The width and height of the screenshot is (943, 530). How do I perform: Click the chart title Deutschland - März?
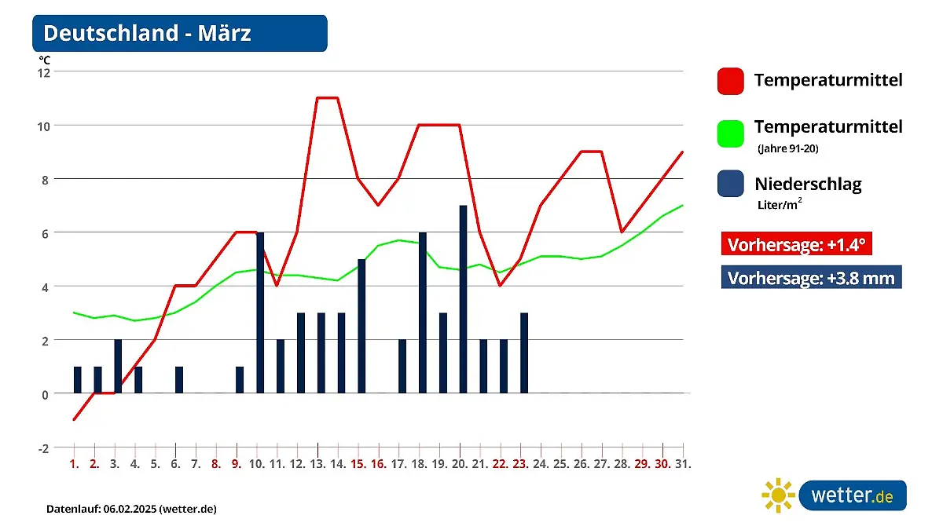pyautogui.click(x=148, y=34)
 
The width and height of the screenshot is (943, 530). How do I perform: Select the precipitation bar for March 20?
pyautogui.click(x=463, y=299)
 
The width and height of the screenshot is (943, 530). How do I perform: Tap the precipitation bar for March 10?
pyautogui.click(x=260, y=313)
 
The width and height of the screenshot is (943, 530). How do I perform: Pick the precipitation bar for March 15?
pyautogui.click(x=361, y=326)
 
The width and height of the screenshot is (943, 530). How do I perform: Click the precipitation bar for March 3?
pyautogui.click(x=118, y=366)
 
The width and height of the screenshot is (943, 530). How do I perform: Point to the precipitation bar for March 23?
pyautogui.click(x=524, y=353)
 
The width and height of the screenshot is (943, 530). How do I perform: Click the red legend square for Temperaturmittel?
pyautogui.click(x=731, y=81)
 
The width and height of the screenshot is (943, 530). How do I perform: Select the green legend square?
pyautogui.click(x=731, y=133)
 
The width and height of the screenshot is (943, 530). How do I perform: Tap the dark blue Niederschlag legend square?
pyautogui.click(x=731, y=185)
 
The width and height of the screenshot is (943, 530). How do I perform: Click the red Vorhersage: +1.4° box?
pyautogui.click(x=796, y=244)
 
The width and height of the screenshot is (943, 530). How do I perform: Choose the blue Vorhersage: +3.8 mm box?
pyautogui.click(x=811, y=278)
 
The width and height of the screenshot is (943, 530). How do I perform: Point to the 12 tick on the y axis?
pyautogui.click(x=44, y=72)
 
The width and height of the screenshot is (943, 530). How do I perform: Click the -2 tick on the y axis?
pyautogui.click(x=44, y=448)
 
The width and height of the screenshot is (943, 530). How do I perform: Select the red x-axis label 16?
pyautogui.click(x=378, y=464)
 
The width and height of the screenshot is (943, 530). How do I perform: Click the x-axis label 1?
pyautogui.click(x=75, y=464)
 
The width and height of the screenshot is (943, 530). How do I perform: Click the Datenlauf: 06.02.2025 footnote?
pyautogui.click(x=131, y=509)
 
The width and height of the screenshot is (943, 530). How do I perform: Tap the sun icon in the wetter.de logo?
pyautogui.click(x=778, y=495)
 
